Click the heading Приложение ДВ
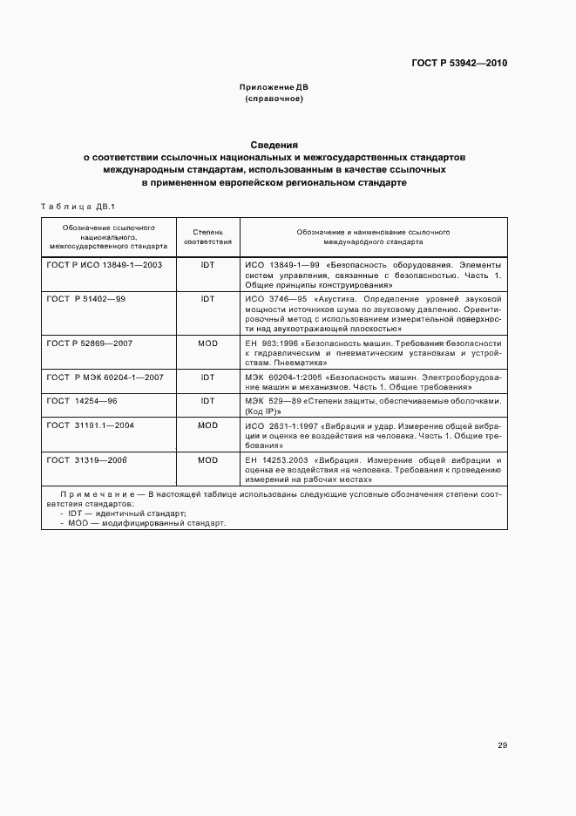[274, 87]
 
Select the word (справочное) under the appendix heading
[274, 99]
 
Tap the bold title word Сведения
[274, 145]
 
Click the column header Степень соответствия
[207, 238]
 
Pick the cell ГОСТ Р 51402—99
[86, 299]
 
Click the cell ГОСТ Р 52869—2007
[90, 343]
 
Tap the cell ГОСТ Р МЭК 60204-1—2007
[104, 377]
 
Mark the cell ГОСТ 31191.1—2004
[91, 425]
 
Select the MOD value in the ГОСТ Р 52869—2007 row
[207, 343]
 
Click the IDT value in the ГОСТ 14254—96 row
[207, 401]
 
